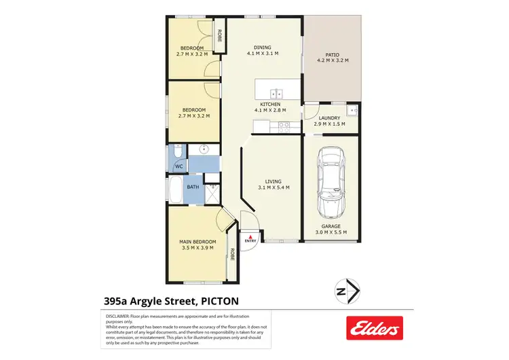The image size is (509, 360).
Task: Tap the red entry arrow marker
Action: (250, 234)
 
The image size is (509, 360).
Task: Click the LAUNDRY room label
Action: (329, 118)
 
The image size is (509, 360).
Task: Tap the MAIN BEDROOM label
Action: (198, 242)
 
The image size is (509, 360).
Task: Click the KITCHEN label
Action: (269, 104)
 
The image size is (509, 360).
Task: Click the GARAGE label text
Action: (331, 226)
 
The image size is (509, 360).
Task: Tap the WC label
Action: (179, 166)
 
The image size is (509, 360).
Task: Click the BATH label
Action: (193, 187)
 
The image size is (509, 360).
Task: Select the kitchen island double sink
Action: (276, 93)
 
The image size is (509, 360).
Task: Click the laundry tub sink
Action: (352, 109)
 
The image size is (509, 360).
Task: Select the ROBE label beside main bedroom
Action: (232, 255)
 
